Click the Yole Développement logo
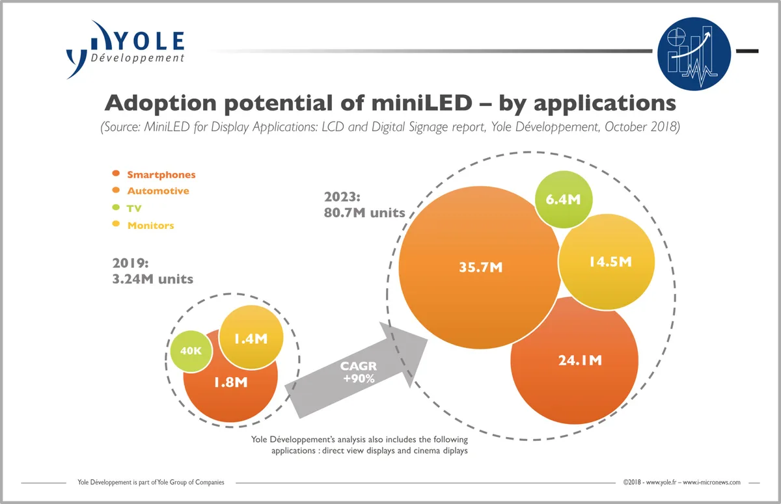[x=125, y=48]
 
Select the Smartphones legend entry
[x=161, y=175]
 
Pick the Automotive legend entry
[x=158, y=191]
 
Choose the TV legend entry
[x=134, y=209]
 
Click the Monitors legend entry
[x=150, y=226]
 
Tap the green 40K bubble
[x=191, y=351]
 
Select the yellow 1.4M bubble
[x=251, y=338]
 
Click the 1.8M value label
[x=231, y=382]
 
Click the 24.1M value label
[x=580, y=360]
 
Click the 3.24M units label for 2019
[x=153, y=279]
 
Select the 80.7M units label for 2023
[x=364, y=212]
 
